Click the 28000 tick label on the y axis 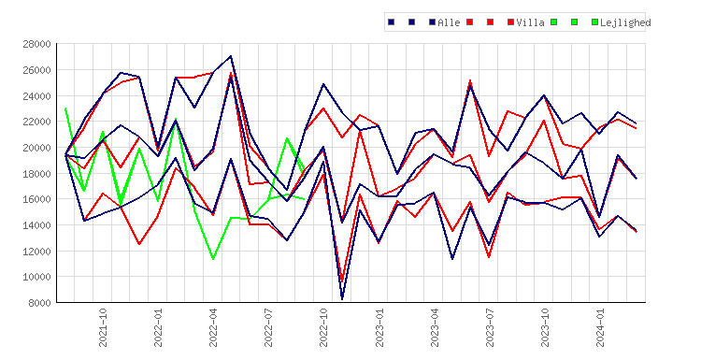pos(36,44)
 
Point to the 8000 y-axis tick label pos(39,303)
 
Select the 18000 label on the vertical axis pos(36,174)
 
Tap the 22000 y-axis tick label pos(36,122)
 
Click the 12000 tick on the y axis pos(36,251)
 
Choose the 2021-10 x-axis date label pos(103,327)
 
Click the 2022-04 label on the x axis pos(213,327)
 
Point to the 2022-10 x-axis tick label pos(323,327)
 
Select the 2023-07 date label pos(490,327)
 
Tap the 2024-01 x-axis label pos(600,327)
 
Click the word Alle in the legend pos(449,22)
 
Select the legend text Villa pos(530,22)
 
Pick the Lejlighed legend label pos(625,22)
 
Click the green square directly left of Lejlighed pos(594,22)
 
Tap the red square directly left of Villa pos(511,22)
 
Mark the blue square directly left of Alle pos(433,22)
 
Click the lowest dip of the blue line pos(342,298)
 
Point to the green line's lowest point pos(213,259)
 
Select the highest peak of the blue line pos(231,56)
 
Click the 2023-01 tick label pos(379,327)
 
